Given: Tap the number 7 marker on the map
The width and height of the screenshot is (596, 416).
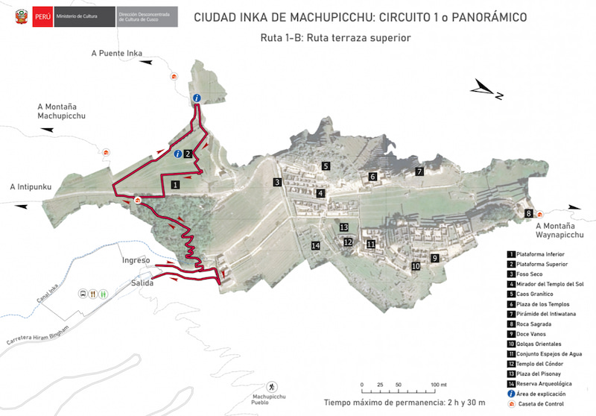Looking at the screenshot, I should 419,171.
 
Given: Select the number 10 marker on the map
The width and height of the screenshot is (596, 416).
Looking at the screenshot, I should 415,265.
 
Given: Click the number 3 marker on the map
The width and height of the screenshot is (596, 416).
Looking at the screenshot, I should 276,183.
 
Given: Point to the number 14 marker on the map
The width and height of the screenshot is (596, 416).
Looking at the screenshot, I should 316,245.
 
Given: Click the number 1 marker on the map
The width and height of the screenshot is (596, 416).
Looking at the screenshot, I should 175,183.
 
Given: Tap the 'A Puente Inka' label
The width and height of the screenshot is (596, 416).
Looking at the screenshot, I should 116,53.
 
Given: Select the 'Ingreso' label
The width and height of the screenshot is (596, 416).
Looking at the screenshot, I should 136,261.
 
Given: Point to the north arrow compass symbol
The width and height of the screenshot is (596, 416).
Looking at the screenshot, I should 489,90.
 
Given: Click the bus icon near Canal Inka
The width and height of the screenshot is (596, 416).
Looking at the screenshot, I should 82,294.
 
